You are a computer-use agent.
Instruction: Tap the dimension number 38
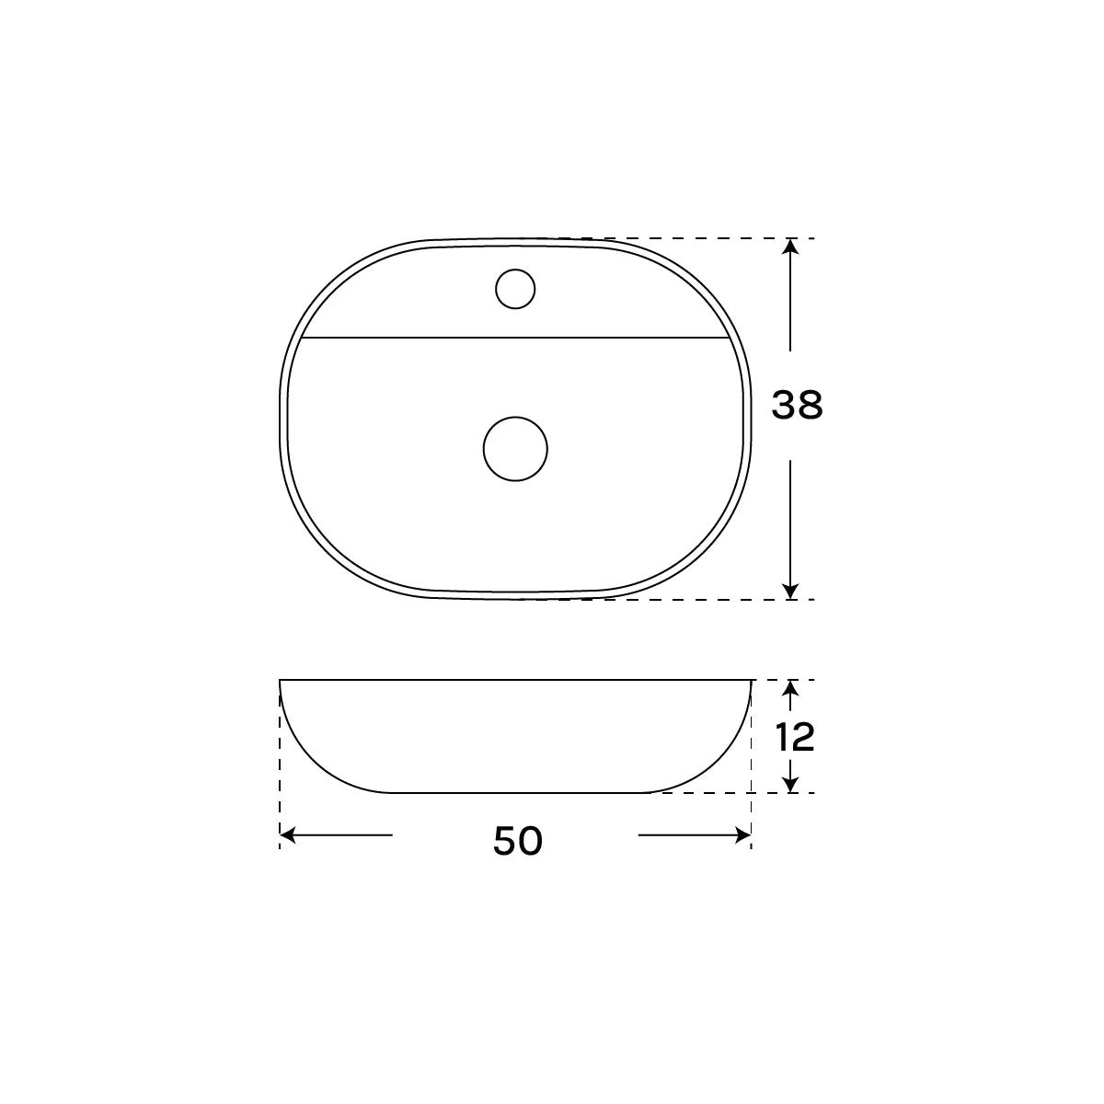pos(797,405)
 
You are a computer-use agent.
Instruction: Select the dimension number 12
pos(795,737)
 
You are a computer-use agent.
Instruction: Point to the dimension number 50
pos(518,841)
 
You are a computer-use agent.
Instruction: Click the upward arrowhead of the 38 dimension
pos(790,247)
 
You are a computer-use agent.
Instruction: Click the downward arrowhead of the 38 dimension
pos(790,591)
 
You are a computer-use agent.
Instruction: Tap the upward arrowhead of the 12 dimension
pos(790,688)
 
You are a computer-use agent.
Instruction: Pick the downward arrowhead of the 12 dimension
pos(790,785)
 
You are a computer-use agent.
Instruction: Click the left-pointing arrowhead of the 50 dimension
pos(288,835)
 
